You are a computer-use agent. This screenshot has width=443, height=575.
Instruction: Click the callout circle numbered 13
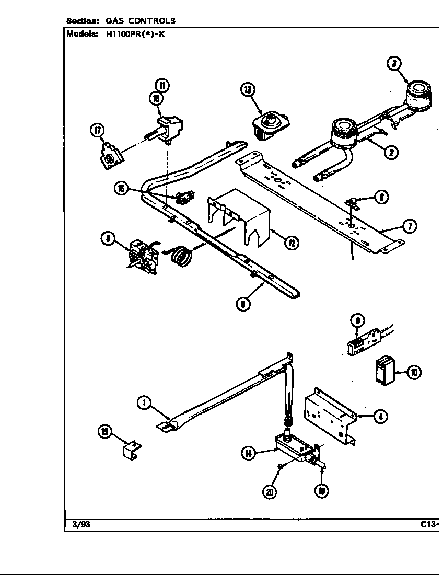click(x=247, y=90)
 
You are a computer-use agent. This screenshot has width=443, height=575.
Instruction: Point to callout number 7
click(x=410, y=226)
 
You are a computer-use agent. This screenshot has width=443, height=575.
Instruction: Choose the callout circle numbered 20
click(x=270, y=491)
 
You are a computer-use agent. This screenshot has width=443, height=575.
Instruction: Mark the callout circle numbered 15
click(x=105, y=431)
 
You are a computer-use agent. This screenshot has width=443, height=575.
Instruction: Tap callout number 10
click(x=414, y=373)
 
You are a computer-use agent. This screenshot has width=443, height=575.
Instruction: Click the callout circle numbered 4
click(x=381, y=417)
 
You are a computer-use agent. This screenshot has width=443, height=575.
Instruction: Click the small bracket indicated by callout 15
click(x=132, y=449)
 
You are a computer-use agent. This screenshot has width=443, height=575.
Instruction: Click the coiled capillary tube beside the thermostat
click(x=181, y=257)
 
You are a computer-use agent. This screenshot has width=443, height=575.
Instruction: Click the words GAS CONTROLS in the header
click(x=141, y=21)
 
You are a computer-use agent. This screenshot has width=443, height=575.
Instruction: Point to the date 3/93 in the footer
click(x=79, y=525)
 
